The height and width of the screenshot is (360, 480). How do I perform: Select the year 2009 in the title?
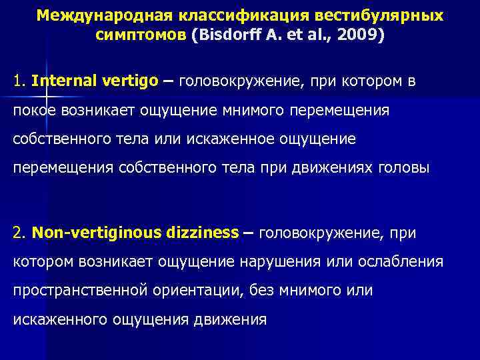[357, 35]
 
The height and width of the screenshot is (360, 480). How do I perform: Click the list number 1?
[18, 81]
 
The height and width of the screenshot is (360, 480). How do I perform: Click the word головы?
[406, 169]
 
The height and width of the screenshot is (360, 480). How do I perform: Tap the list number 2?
[19, 233]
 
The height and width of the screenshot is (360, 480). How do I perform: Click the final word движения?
[229, 319]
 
